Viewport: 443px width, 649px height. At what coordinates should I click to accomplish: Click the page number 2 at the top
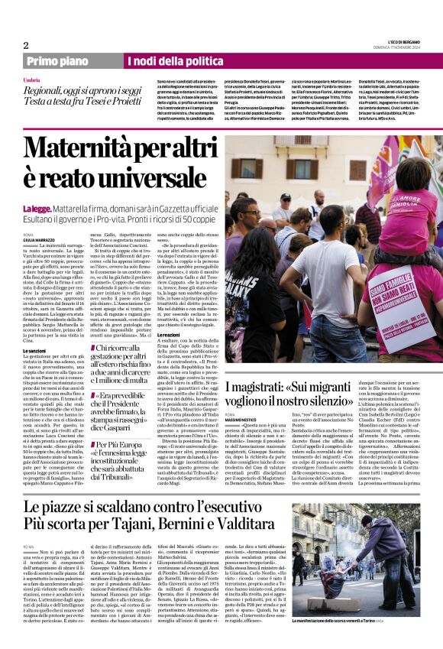[x=25, y=45]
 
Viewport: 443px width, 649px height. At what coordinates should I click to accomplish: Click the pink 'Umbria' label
[x=31, y=80]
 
